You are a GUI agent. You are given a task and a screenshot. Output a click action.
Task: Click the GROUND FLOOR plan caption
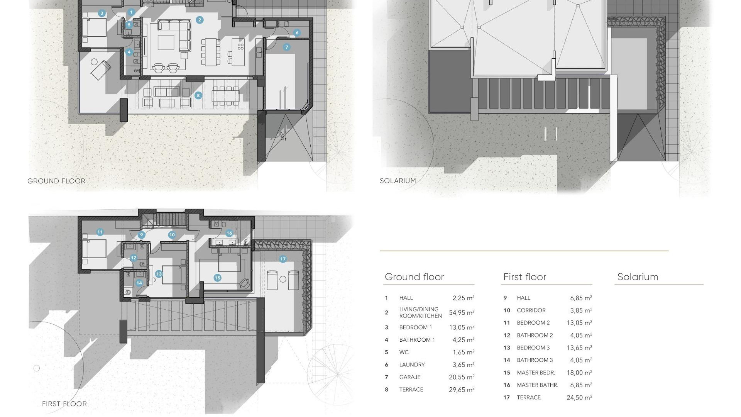click(x=56, y=181)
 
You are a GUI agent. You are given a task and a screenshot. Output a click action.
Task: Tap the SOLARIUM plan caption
click(x=398, y=181)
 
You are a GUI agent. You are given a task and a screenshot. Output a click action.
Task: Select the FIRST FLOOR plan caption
click(x=64, y=404)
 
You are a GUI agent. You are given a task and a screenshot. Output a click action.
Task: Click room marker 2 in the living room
click(x=200, y=20)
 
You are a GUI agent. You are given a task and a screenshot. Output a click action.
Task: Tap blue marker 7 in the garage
click(x=286, y=47)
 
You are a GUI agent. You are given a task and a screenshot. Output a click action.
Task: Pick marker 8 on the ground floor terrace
click(x=198, y=95)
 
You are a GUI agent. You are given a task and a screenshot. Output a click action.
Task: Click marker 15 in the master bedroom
click(x=217, y=278)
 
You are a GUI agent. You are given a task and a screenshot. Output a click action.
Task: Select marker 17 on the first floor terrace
click(x=283, y=259)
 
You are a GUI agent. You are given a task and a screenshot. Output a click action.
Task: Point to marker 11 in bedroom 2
click(x=100, y=232)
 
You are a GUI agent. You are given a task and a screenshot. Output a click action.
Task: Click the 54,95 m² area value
click(x=462, y=313)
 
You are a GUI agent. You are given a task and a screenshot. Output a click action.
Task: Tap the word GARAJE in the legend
click(x=410, y=377)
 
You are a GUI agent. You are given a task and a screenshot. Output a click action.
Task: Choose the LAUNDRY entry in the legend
click(x=412, y=365)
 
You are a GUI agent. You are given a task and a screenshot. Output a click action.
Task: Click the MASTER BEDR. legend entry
click(x=536, y=373)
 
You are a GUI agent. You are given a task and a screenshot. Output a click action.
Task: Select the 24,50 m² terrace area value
click(x=579, y=398)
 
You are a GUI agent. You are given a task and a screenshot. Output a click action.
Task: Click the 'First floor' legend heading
click(x=524, y=277)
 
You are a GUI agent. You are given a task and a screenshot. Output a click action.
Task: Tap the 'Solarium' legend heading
click(x=638, y=277)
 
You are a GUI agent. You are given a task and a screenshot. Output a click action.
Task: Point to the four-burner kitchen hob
click(x=240, y=47)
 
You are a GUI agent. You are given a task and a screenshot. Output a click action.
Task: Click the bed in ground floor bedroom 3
click(x=95, y=28)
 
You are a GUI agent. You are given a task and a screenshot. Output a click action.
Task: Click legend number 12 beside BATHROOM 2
click(x=507, y=336)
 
